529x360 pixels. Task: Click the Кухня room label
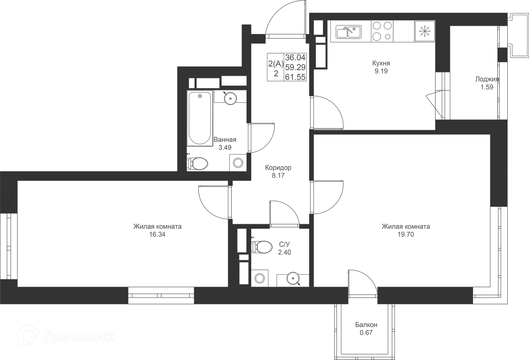point(381,63)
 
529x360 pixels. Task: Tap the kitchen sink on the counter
point(349,31)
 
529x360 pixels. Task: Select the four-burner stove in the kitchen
point(382,31)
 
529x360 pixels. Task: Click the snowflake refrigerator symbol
point(425,31)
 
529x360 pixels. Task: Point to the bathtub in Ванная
point(200,118)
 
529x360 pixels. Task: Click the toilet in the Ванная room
point(198,163)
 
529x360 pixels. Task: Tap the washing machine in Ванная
point(238,163)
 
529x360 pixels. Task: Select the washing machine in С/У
point(260,278)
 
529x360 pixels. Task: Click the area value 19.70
point(406,235)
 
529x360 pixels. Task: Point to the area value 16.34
point(157,235)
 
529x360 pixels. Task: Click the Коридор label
point(278,168)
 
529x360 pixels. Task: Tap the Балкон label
point(366,325)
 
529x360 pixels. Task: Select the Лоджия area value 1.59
point(487,87)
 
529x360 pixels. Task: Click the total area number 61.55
point(295,77)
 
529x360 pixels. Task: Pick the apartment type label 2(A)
point(276,64)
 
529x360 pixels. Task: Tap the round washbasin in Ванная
point(230,98)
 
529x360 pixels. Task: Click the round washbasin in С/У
point(293,278)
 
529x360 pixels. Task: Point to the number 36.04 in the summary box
point(295,58)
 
